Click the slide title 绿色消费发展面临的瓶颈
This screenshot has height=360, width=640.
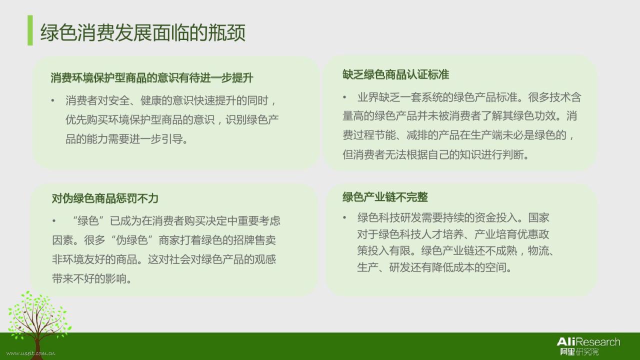[143, 32]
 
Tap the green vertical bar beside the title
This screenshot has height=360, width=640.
[30, 30]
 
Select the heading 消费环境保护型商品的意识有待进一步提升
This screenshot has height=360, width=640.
[152, 77]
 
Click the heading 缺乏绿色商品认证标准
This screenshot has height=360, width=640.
[395, 75]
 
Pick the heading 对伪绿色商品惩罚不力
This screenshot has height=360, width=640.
[105, 198]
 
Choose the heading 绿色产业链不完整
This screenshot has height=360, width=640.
[385, 197]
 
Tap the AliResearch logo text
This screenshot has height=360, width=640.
[588, 341]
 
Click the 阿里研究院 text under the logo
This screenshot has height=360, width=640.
[579, 351]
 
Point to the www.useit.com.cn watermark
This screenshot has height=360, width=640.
[31, 353]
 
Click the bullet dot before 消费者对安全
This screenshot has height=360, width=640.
[53, 100]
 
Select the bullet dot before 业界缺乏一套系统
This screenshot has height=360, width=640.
[344, 97]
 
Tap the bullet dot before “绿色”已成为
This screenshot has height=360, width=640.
[54, 221]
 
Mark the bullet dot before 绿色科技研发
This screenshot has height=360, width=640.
[344, 217]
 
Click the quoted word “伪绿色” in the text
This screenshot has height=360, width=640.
[131, 240]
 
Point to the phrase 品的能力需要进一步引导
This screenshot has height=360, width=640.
[126, 139]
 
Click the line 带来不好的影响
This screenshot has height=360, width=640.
[91, 278]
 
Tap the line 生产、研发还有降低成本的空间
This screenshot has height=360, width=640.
[434, 267]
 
